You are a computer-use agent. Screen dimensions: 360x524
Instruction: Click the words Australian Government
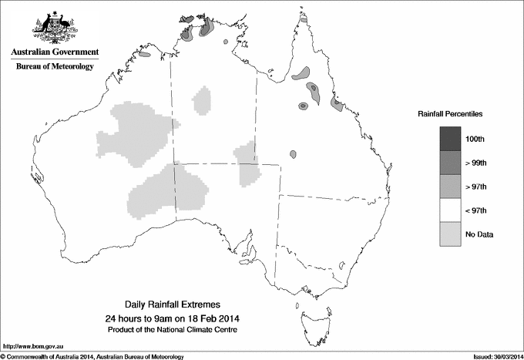pos(55,52)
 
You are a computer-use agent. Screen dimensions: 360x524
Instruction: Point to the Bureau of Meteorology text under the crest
pos(55,67)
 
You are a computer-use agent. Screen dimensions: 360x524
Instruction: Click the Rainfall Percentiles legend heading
pos(451,114)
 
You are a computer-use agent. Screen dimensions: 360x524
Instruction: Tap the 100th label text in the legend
pos(475,139)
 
